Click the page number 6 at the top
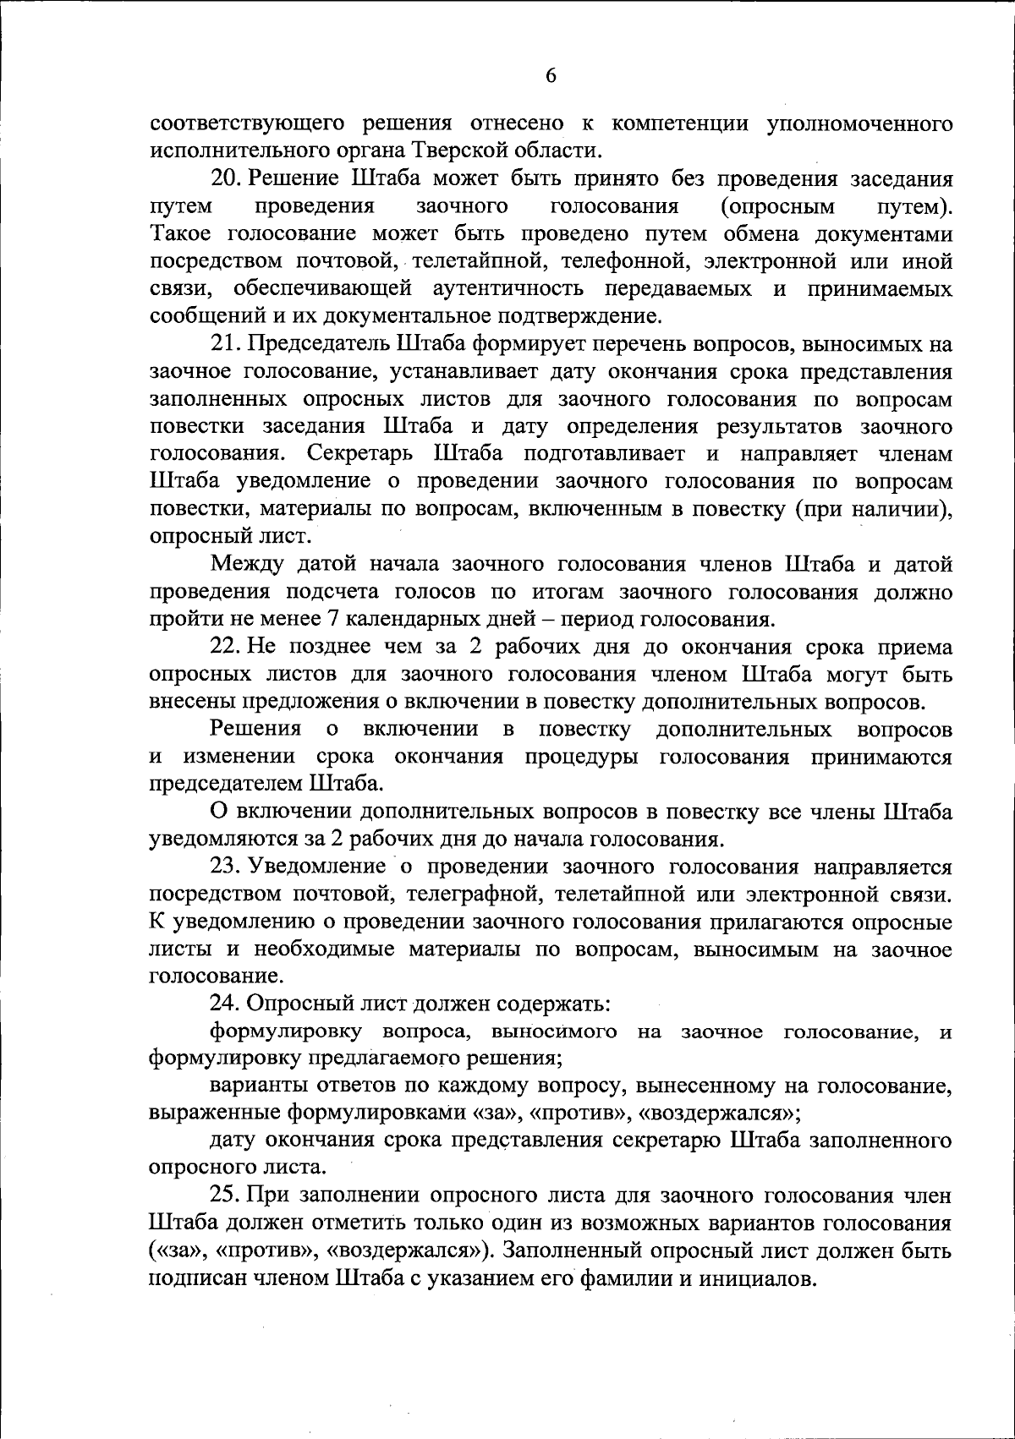point(551,76)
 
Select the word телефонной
point(642,261)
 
